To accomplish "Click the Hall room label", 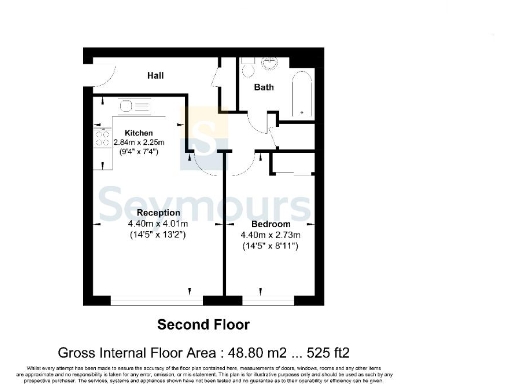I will (x=156, y=75).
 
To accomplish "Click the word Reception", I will (x=158, y=213).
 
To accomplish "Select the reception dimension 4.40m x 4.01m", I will (x=158, y=223).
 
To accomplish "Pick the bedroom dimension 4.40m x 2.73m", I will (x=270, y=234).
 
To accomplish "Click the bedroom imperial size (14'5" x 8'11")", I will (x=270, y=245).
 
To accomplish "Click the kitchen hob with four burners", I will (x=103, y=141).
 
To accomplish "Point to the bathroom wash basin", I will (x=247, y=66).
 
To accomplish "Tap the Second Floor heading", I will (x=204, y=324).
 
